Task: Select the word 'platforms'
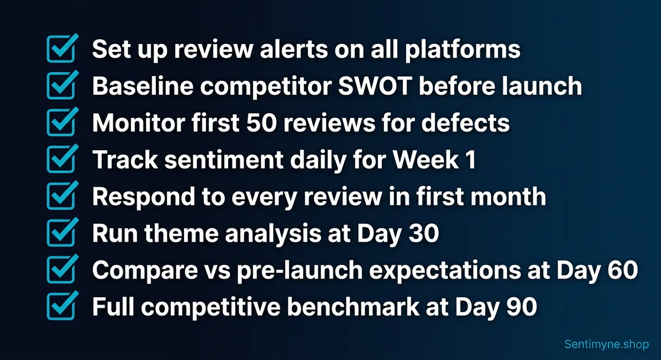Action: click(463, 50)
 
